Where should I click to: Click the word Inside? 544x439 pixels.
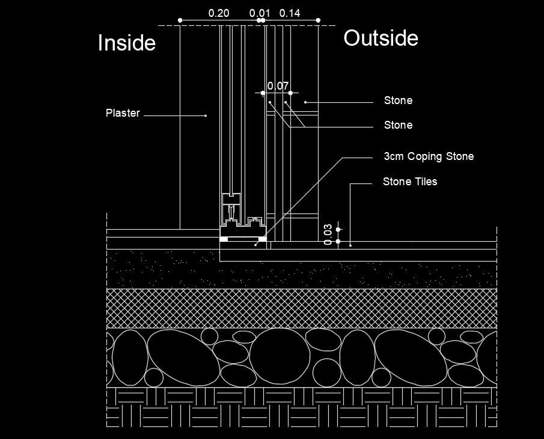(126, 43)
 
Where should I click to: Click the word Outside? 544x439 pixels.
(380, 38)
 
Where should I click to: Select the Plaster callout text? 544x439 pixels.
(123, 112)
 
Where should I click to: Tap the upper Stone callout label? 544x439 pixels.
(398, 100)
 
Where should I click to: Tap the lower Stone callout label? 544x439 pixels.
(398, 125)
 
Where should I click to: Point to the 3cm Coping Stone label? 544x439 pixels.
(429, 156)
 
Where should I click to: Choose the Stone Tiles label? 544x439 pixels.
(410, 181)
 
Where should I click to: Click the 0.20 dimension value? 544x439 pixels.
(219, 13)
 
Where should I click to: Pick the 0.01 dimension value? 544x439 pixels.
(260, 13)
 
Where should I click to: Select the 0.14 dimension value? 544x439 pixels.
(290, 13)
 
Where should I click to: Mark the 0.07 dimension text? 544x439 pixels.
(277, 86)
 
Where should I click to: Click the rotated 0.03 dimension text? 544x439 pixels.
(328, 235)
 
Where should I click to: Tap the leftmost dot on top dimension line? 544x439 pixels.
(180, 20)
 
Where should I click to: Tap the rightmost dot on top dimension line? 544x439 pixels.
(318, 20)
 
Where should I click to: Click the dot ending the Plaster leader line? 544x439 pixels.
(206, 115)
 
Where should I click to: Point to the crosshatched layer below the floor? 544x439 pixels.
(301, 308)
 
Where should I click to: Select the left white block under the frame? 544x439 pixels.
(224, 239)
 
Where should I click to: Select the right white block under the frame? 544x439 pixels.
(262, 239)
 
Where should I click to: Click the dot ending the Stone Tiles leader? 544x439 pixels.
(350, 245)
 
